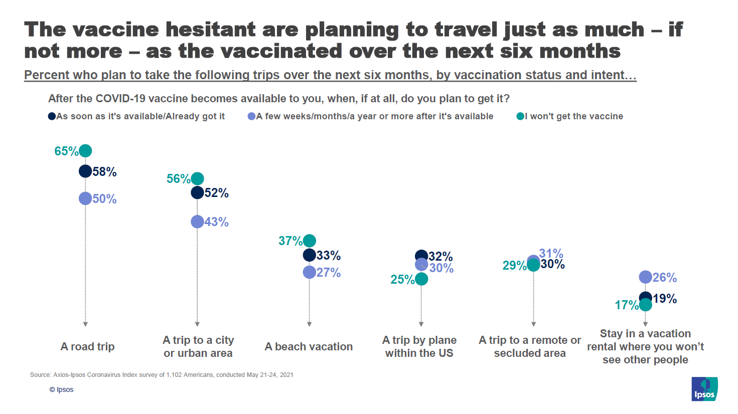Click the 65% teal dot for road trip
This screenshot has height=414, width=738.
point(85,150)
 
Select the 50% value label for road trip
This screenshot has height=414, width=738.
point(104,199)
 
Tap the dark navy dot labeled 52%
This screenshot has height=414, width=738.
point(197,192)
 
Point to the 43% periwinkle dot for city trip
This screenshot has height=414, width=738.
point(197,222)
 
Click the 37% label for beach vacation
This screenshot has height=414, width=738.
point(290,241)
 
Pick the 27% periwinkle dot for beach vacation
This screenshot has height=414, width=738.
point(310,272)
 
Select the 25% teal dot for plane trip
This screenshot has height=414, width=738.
point(421,279)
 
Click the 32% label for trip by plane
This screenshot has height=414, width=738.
point(441,257)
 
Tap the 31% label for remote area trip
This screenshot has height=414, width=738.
point(551,253)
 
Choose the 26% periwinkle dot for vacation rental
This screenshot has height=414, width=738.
point(645,277)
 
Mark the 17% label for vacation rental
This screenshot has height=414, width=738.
point(626,305)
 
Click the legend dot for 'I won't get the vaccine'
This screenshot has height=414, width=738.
point(520,116)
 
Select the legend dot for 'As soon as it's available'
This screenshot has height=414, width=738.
point(52,116)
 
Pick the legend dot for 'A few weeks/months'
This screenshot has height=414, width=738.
point(251,116)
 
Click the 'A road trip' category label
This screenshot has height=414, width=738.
point(88,346)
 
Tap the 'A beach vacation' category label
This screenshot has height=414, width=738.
point(309,346)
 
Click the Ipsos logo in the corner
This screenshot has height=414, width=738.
point(704,389)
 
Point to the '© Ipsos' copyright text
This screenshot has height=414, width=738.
point(61,389)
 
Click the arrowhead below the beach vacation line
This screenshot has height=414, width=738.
point(310,324)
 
